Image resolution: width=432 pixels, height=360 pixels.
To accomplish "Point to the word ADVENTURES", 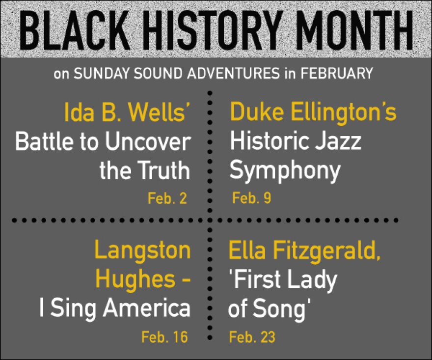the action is click(234, 73).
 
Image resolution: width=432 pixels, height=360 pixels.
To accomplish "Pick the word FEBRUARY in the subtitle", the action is click(336, 73).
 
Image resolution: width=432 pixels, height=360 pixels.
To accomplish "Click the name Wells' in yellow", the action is click(160, 112).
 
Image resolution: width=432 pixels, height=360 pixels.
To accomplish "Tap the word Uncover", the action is click(148, 141).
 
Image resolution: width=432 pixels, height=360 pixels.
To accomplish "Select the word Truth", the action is click(163, 170).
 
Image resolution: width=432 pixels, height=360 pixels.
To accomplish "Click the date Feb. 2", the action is click(167, 198).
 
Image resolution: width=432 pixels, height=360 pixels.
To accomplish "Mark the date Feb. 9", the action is click(251, 198).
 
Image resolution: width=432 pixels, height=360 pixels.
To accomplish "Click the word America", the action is click(147, 308).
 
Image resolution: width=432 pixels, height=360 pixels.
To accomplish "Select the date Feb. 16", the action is click(164, 337).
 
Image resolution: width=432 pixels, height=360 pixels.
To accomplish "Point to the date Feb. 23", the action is click(252, 337).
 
